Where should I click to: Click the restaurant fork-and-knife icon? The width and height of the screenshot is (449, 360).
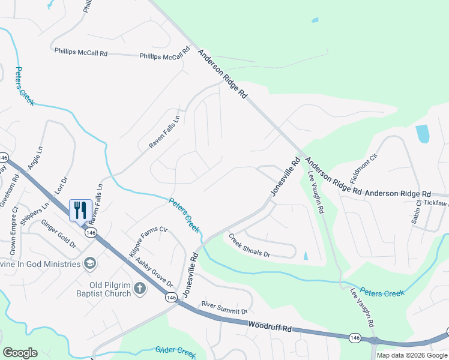pyautogui.click(x=81, y=210)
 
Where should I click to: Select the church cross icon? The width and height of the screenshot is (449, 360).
pyautogui.click(x=139, y=289)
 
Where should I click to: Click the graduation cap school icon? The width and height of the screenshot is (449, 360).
pyautogui.click(x=89, y=263)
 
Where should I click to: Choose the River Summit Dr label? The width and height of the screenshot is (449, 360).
pyautogui.click(x=224, y=308)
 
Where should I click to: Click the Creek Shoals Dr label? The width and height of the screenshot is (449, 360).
pyautogui.click(x=249, y=245)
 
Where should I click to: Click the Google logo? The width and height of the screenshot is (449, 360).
pyautogui.click(x=20, y=352)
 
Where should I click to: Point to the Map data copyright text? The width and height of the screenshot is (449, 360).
pyautogui.click(x=412, y=355)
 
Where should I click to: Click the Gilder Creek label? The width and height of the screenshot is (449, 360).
pyautogui.click(x=176, y=352)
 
